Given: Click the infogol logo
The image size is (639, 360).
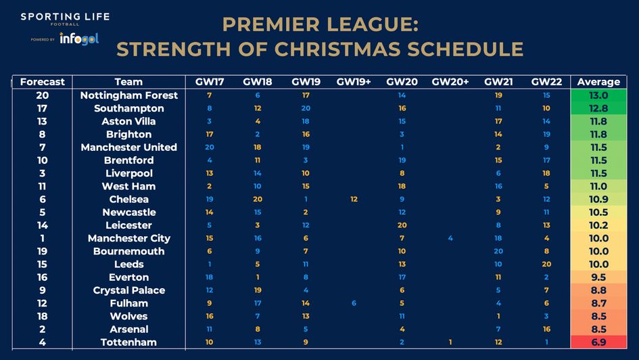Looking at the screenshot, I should click(x=78, y=39).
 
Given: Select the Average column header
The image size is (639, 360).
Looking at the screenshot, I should click(x=598, y=82).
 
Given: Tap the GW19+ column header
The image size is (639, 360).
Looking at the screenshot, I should click(x=354, y=82).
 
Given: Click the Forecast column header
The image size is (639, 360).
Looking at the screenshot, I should click(x=43, y=82).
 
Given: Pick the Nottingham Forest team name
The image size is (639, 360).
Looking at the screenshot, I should click(x=128, y=95).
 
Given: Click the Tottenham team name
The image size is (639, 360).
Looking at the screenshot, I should click(x=128, y=342).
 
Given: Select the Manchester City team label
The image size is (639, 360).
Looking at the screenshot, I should click(x=128, y=238).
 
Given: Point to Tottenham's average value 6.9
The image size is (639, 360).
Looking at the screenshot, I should click(x=598, y=342).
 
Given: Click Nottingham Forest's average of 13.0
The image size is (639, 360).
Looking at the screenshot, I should click(x=598, y=95).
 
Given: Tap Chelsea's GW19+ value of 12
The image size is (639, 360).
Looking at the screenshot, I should click(x=354, y=199).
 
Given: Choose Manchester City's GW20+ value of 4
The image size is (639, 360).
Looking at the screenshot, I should click(x=450, y=238).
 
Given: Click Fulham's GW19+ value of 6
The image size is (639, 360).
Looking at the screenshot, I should click(x=354, y=303).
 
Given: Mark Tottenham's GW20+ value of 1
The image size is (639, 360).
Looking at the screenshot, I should click(x=450, y=342).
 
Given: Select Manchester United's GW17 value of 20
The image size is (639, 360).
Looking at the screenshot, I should click(x=210, y=147).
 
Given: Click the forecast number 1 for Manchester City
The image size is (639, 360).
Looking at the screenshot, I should click(x=43, y=238).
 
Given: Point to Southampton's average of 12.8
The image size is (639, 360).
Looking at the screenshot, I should click(x=598, y=108).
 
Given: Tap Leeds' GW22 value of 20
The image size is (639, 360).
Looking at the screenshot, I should click(x=546, y=264).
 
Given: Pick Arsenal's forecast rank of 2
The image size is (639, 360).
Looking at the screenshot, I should click(x=43, y=329).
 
